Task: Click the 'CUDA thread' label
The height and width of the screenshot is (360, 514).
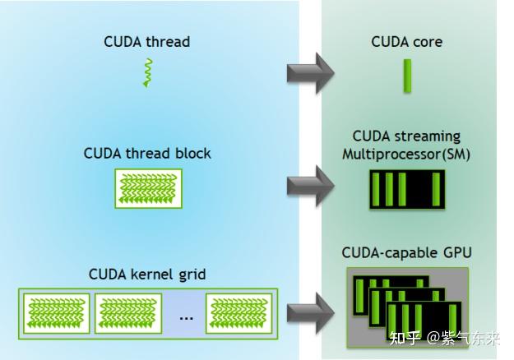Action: point(146,42)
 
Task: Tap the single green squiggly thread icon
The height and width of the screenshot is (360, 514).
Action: point(148,73)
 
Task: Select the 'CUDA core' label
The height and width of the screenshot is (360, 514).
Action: point(405,42)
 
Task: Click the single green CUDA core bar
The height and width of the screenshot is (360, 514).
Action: point(405,75)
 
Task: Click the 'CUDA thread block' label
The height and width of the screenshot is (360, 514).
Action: point(147,154)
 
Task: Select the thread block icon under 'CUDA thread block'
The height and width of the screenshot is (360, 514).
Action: point(147,188)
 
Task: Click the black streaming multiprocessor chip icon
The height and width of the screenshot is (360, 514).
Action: point(406,190)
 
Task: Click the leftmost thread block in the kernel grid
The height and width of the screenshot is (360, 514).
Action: point(58,313)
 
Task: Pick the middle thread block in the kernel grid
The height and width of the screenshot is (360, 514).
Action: point(127,313)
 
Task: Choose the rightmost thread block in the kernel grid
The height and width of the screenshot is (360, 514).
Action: point(238,313)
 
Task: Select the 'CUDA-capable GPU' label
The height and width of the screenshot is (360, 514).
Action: point(406,252)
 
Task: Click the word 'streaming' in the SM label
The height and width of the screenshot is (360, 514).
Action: point(431,136)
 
